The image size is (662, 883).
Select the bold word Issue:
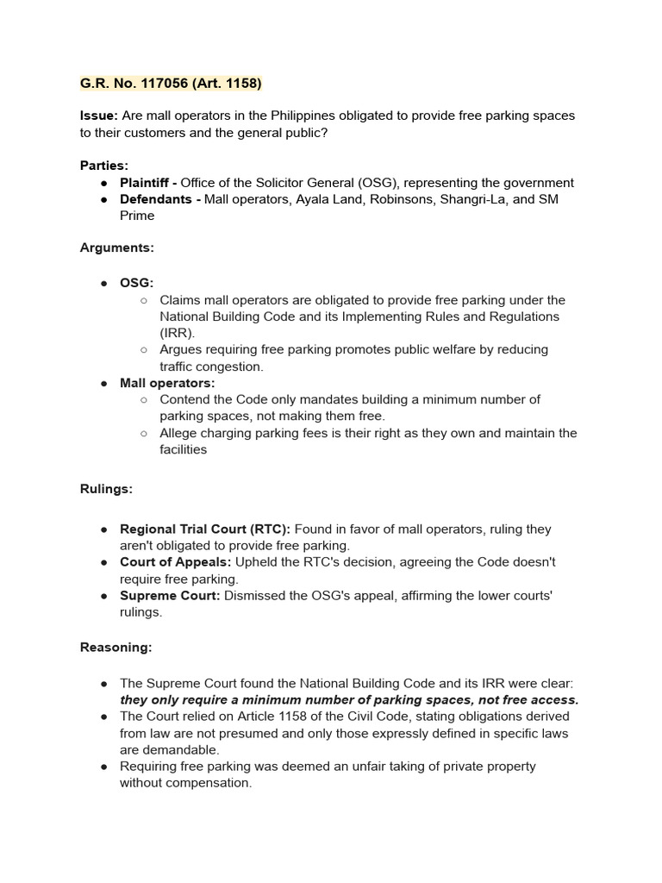(x=99, y=116)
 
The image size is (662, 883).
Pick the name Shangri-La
(x=467, y=199)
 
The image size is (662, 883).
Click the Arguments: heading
(x=117, y=247)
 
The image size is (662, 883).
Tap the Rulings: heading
(x=106, y=489)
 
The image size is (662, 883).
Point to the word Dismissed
(x=256, y=596)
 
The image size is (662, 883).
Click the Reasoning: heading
(x=116, y=647)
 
